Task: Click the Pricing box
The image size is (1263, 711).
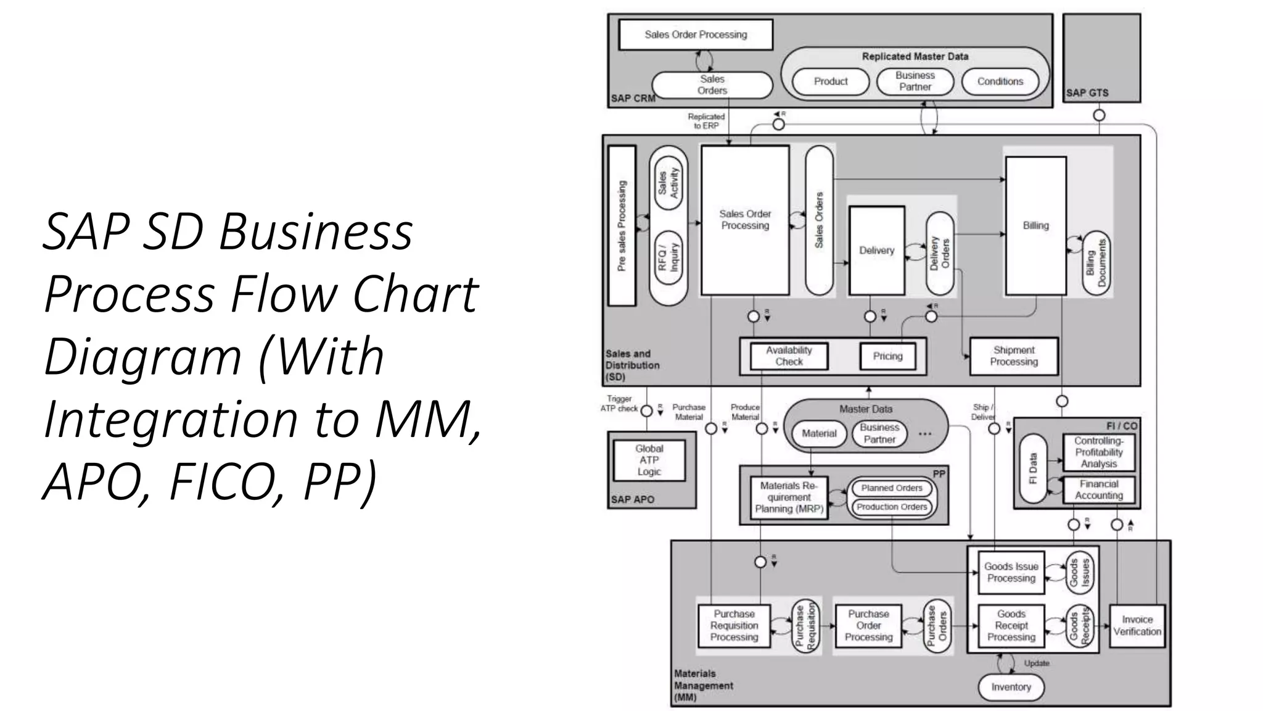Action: click(x=887, y=356)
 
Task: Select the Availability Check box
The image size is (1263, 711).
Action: click(x=789, y=356)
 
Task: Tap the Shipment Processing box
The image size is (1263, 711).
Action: click(x=1014, y=356)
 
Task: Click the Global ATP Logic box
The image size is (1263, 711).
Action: click(x=649, y=460)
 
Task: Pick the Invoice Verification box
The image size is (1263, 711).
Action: click(x=1137, y=625)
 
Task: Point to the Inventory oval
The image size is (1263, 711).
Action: click(x=1011, y=687)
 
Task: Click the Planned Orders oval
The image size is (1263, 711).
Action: click(x=892, y=488)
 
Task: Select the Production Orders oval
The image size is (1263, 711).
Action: click(x=892, y=507)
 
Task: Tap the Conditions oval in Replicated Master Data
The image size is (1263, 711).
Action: click(x=1000, y=81)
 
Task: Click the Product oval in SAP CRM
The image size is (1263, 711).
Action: click(x=830, y=81)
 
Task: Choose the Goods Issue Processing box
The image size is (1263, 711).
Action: click(x=1011, y=572)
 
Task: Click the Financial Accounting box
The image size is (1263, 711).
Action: click(x=1098, y=489)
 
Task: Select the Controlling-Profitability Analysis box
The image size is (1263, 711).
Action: click(x=1098, y=452)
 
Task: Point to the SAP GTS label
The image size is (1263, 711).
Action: click(x=1087, y=93)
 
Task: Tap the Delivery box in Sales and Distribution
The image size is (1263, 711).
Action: click(x=876, y=250)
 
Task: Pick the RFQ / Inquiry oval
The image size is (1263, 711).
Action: click(x=669, y=257)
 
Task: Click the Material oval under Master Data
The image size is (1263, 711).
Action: click(x=818, y=434)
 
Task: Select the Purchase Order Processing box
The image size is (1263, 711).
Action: click(x=868, y=625)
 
